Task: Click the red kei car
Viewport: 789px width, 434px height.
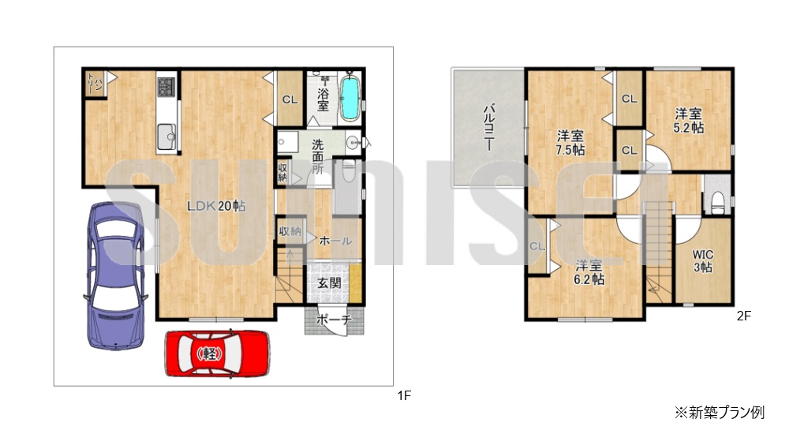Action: tap(218, 354)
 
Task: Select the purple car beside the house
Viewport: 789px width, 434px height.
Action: tap(116, 275)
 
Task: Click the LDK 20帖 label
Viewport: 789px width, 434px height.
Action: tap(216, 205)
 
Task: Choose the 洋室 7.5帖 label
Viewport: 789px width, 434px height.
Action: tap(570, 143)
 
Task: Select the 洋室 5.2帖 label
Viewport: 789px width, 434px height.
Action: tap(688, 121)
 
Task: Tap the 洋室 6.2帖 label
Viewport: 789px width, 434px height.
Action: tap(589, 272)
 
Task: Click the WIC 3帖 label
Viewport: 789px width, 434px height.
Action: tap(702, 261)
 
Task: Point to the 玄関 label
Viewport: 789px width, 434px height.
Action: tap(329, 283)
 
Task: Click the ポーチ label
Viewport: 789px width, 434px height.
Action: tap(333, 320)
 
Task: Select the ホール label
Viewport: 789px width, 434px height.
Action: tap(335, 241)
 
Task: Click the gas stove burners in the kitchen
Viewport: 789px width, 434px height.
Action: tap(166, 87)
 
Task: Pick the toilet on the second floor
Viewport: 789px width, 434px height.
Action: tap(717, 202)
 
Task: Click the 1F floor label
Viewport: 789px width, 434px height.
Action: tap(405, 396)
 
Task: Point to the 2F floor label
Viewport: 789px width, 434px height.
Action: tap(744, 316)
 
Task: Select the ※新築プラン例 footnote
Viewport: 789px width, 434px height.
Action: tap(720, 413)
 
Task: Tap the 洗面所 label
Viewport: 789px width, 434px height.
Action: tap(317, 156)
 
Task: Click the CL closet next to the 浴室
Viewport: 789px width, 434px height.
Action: tap(290, 99)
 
